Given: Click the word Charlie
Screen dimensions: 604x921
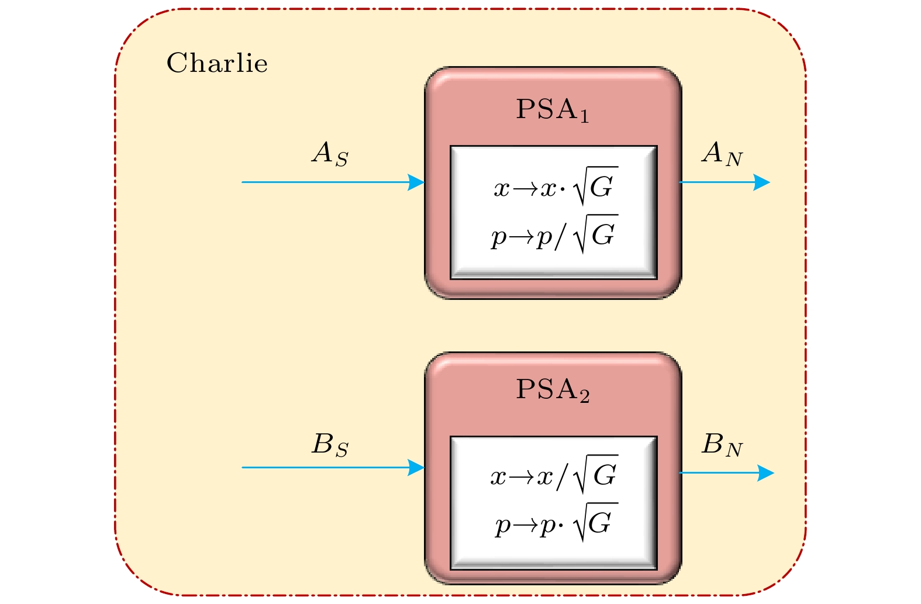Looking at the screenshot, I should click(x=217, y=63).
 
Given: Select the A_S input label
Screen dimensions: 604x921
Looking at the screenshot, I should click(x=330, y=154).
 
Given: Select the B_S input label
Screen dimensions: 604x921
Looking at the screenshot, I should click(x=330, y=445).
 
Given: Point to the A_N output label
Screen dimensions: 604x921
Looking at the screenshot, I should click(x=722, y=154).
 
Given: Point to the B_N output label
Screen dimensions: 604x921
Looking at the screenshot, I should click(x=722, y=446).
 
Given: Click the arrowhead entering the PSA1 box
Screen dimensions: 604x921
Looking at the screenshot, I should click(x=417, y=182).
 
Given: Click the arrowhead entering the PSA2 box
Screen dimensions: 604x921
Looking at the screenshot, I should click(x=417, y=468).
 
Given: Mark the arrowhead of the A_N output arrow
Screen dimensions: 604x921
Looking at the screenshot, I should click(x=762, y=182).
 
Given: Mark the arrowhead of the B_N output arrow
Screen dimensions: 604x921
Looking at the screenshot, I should click(x=765, y=473).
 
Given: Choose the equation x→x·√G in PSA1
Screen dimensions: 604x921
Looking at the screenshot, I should click(x=554, y=187).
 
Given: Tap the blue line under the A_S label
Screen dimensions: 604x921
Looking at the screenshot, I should click(x=327, y=182).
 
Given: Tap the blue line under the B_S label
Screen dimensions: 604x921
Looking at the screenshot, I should click(x=327, y=468).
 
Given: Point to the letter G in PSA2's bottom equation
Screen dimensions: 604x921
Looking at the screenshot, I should click(x=601, y=523).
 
